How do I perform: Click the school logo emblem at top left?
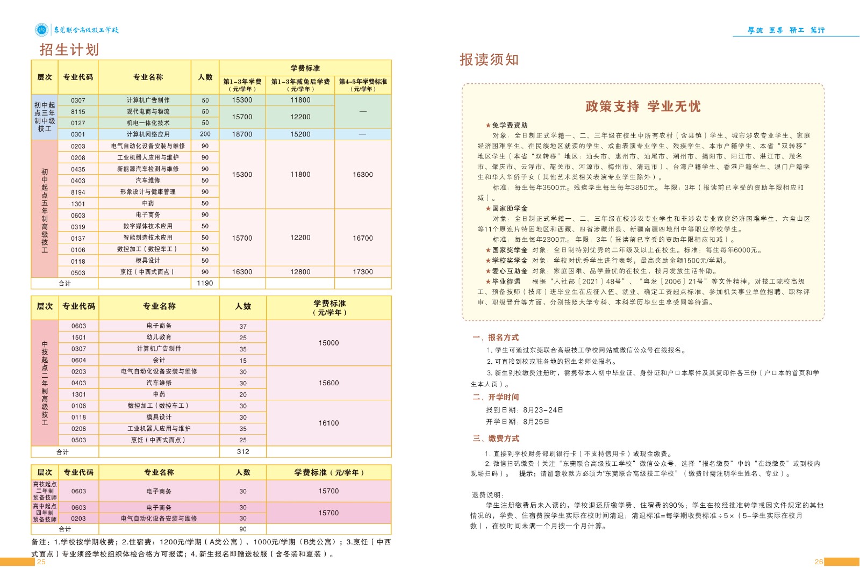click(41, 30)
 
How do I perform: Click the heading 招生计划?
click(69, 50)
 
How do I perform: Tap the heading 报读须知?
click(489, 60)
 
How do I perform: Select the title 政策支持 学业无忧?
click(643, 106)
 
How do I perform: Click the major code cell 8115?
click(78, 112)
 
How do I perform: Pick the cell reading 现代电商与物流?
click(148, 112)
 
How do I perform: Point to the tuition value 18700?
click(242, 134)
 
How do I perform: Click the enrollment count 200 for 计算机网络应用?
click(205, 134)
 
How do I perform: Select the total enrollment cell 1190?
click(205, 283)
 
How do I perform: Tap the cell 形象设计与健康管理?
click(148, 192)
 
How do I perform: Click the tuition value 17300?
click(363, 272)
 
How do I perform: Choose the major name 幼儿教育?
click(159, 337)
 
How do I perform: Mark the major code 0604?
click(78, 360)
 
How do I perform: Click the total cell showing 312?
click(243, 452)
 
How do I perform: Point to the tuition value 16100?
click(328, 423)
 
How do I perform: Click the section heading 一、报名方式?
click(496, 337)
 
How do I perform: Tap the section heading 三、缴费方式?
click(496, 438)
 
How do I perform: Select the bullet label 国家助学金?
click(510, 208)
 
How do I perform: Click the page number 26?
click(818, 562)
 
